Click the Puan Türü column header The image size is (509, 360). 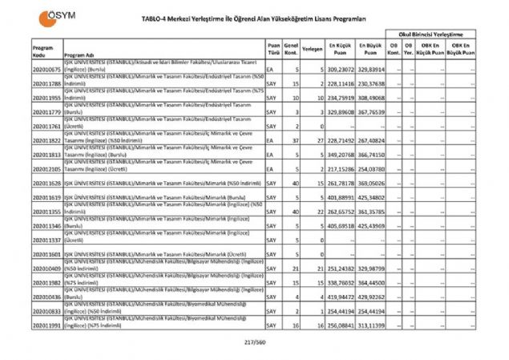coord(273,49)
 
